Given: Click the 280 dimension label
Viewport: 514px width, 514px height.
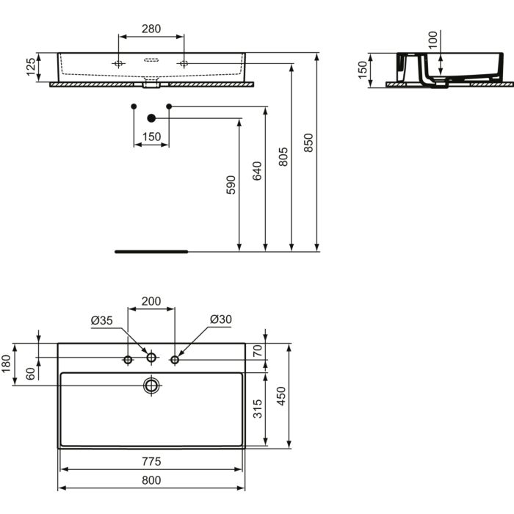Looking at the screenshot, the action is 151,29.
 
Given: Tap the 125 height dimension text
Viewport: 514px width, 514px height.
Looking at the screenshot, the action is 31,67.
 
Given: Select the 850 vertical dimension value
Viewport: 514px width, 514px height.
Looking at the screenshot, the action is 308,142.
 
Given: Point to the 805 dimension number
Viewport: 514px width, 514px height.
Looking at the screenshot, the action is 283,156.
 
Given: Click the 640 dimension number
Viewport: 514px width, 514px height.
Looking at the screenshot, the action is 257,171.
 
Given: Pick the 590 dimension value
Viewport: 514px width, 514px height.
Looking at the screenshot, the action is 231,185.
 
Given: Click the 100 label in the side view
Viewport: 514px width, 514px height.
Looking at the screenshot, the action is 432,40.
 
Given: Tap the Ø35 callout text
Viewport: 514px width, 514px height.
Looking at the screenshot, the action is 101,320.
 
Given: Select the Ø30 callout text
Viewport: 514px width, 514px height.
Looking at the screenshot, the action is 221,319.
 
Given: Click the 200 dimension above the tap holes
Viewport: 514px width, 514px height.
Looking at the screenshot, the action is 151,301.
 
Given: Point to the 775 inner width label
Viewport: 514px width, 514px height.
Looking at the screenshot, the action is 151,462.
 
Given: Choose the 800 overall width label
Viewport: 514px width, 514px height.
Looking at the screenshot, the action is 151,480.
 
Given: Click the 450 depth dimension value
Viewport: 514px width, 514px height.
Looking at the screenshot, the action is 281,396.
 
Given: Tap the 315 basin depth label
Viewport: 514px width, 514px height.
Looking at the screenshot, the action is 258,409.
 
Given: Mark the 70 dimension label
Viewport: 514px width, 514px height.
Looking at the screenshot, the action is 258,351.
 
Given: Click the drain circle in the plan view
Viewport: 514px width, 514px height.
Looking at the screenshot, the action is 151,385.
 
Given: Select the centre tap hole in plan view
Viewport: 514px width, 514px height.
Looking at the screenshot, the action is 151,358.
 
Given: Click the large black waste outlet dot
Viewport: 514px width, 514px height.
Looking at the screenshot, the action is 151,118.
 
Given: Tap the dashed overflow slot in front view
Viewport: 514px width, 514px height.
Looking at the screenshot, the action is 151,60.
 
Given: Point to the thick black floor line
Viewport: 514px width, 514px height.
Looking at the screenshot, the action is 151,252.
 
